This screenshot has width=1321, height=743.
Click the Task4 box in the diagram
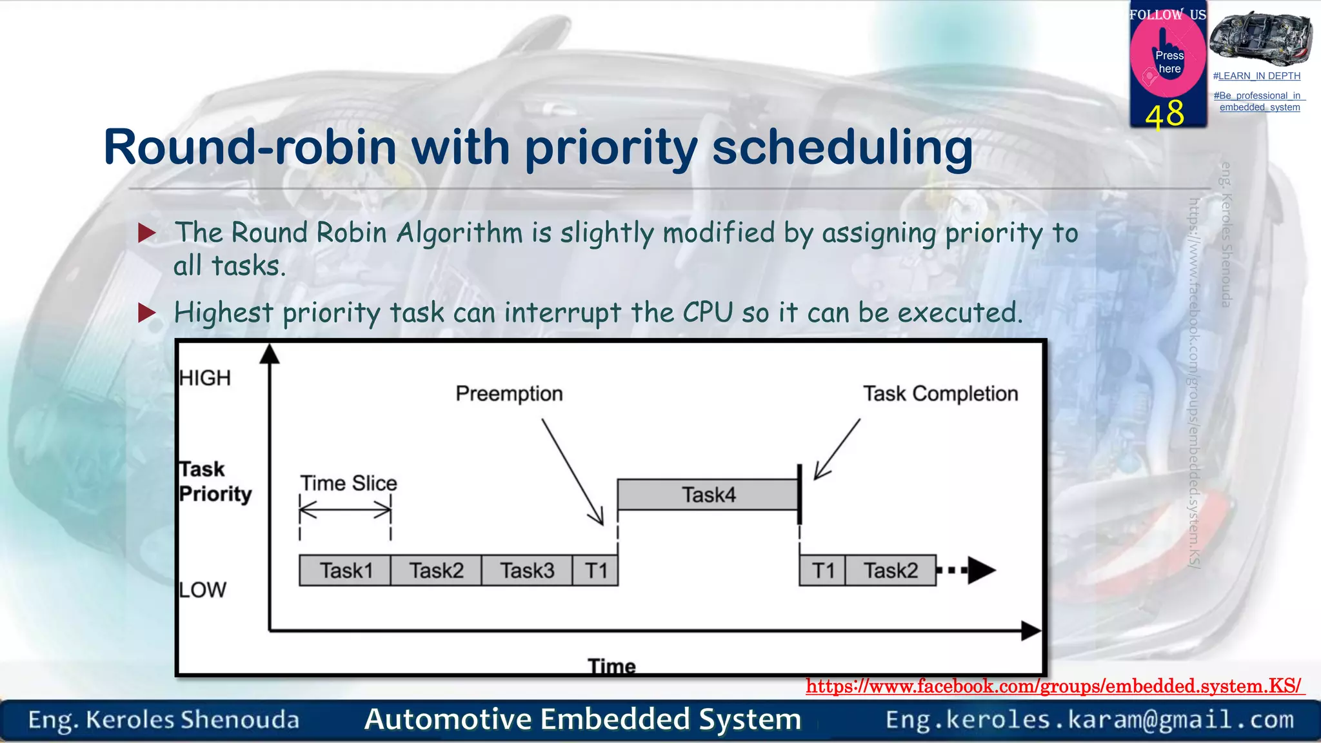[x=708, y=495]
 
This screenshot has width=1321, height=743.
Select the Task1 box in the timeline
[x=345, y=570]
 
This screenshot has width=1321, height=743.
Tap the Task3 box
[x=527, y=570]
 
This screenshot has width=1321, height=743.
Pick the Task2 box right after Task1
[x=436, y=570]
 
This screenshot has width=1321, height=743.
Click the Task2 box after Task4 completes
[x=890, y=570]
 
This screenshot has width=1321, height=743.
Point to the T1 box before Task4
[x=595, y=570]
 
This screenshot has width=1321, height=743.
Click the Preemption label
[x=509, y=393]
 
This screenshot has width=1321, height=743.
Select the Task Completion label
[x=940, y=393]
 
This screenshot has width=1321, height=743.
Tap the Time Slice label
[x=348, y=483]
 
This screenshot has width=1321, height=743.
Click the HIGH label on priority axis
[x=205, y=378]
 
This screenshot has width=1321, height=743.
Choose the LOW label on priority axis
[x=203, y=589]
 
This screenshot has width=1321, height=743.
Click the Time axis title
[x=611, y=666]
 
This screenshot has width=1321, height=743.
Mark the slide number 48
[x=1164, y=114]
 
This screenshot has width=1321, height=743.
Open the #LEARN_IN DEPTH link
[x=1256, y=76]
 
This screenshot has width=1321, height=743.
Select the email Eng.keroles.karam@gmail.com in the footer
[x=1089, y=719]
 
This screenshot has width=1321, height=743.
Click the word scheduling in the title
[x=842, y=148]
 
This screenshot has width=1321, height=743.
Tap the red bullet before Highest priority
[x=147, y=313]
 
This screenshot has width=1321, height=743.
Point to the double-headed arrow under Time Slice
[x=345, y=511]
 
